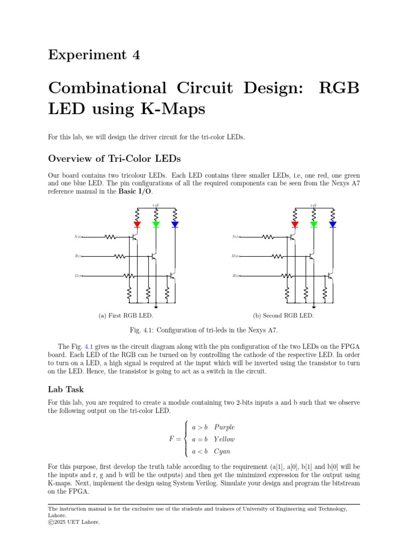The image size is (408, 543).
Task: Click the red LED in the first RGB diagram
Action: (x=137, y=224)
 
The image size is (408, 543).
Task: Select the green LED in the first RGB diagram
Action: (x=156, y=224)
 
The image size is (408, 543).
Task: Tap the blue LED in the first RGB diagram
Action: (x=175, y=224)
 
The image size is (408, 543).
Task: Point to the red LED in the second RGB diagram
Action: (x=295, y=224)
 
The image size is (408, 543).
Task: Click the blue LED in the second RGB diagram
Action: (x=333, y=224)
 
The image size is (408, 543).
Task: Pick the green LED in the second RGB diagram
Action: (x=313, y=224)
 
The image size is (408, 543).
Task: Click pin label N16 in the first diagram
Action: (x=78, y=237)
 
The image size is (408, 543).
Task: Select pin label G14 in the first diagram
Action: (x=78, y=276)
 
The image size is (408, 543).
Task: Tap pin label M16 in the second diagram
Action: (x=235, y=256)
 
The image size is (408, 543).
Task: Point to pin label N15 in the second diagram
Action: (x=235, y=237)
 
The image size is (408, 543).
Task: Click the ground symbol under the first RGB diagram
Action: (x=156, y=306)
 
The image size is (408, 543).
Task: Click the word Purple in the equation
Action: (x=224, y=427)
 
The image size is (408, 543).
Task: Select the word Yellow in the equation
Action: (x=224, y=439)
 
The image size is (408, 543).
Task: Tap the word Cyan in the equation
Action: (x=222, y=452)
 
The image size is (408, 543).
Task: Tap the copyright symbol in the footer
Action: (x=50, y=522)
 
